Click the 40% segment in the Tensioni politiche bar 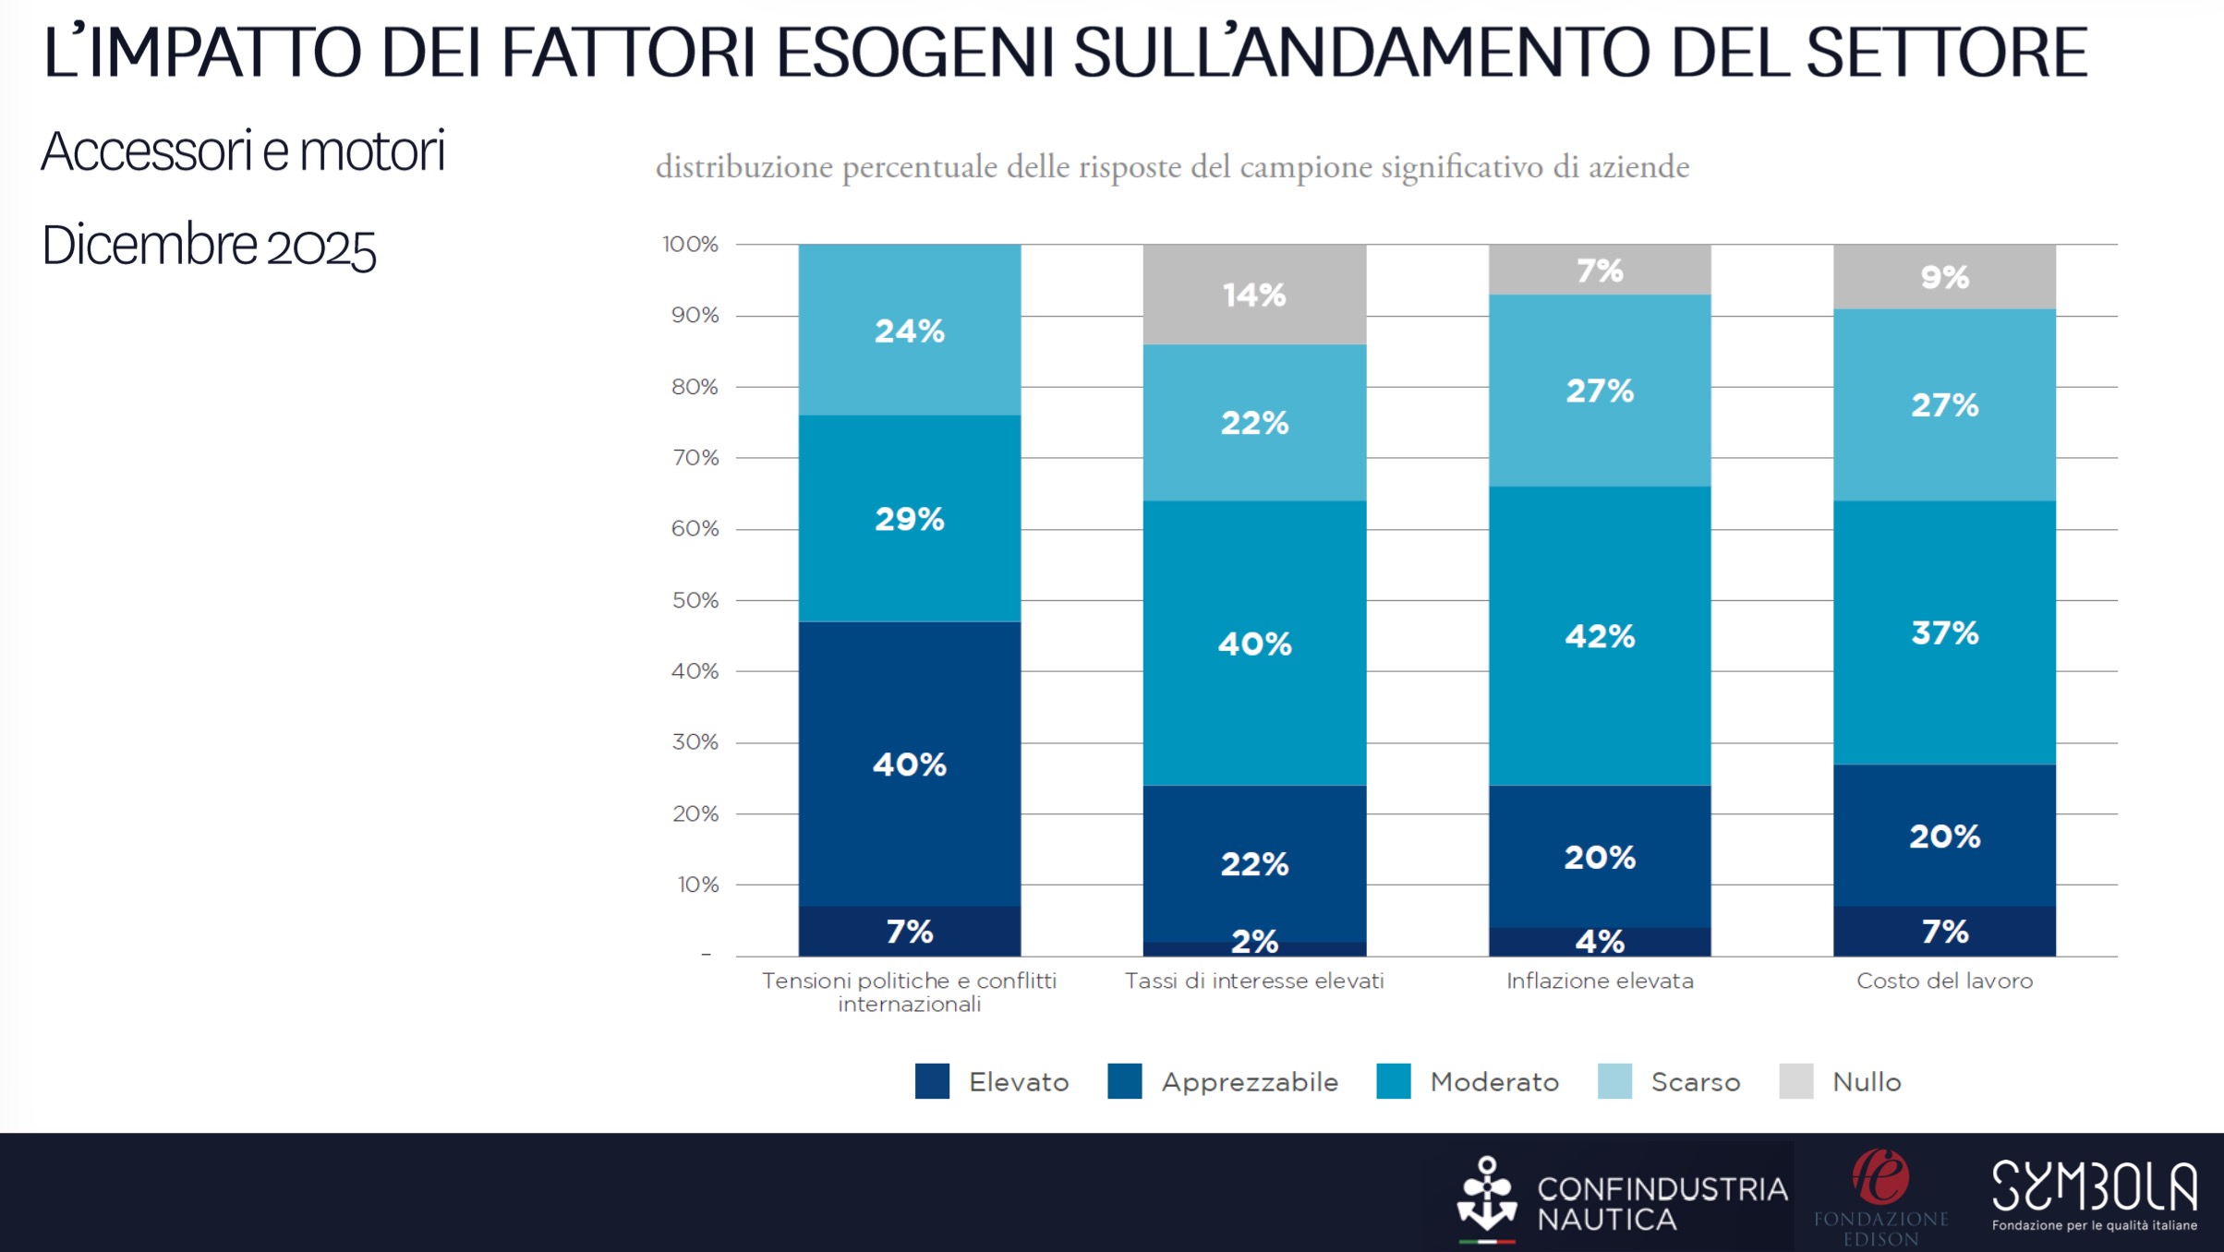(910, 764)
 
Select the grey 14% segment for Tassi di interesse (1254, 295)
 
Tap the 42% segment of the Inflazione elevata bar (1600, 636)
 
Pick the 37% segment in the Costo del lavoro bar (1944, 633)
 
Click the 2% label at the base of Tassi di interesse (1254, 942)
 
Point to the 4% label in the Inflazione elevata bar (1600, 942)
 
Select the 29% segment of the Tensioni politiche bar (910, 519)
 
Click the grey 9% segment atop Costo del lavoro (1944, 277)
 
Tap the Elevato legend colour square (932, 1081)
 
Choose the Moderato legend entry (1493, 1082)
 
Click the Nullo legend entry (1866, 1082)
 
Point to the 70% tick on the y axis (695, 458)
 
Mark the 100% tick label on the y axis (690, 245)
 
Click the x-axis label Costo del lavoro (1944, 981)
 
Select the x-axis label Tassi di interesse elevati (1254, 981)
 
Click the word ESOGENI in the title (914, 53)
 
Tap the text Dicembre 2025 (209, 247)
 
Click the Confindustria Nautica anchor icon (1486, 1197)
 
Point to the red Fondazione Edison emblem (1880, 1177)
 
